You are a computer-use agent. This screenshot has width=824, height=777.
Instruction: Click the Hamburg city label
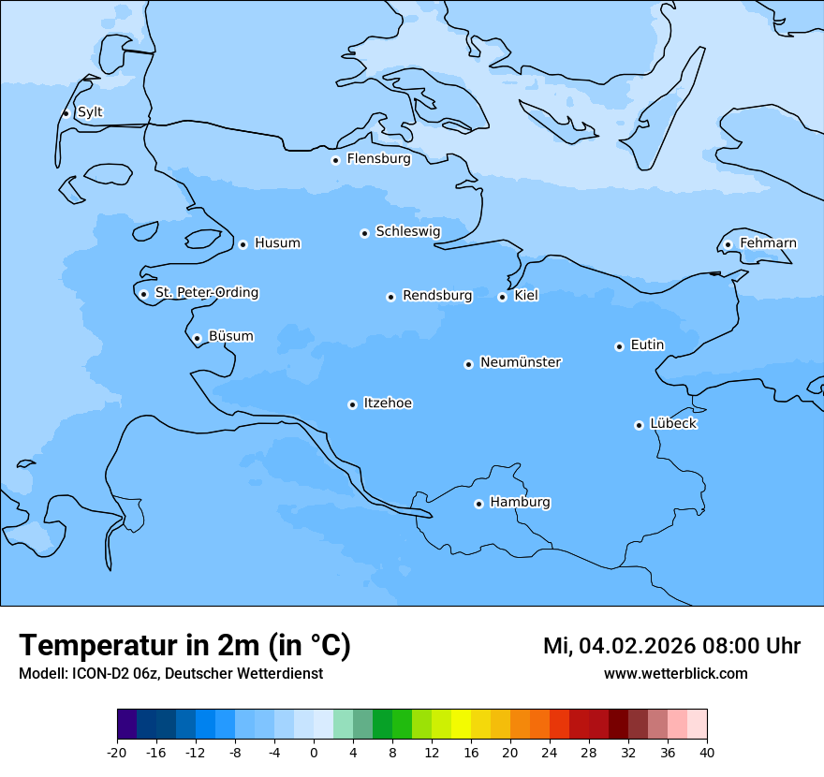[x=520, y=503]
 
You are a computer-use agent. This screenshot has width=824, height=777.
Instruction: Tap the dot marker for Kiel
[x=502, y=297]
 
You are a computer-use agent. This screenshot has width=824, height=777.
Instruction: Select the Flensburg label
[x=378, y=159]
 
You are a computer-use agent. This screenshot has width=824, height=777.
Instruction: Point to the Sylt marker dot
[x=66, y=113]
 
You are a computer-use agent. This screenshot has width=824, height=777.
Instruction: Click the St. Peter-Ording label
[x=206, y=293]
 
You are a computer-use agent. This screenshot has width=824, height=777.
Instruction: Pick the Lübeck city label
[x=672, y=424]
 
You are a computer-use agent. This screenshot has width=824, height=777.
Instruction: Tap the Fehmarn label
[x=768, y=243]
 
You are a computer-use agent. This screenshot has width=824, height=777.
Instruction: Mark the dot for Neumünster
[x=468, y=364]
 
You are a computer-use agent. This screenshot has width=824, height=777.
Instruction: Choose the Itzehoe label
[x=388, y=403]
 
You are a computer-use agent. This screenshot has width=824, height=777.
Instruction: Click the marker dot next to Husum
[x=243, y=244]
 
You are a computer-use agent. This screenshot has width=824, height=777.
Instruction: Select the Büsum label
[x=230, y=336]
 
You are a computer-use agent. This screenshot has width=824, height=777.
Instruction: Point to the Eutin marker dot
[x=619, y=346]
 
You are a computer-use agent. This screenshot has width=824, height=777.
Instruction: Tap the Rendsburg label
[x=437, y=296]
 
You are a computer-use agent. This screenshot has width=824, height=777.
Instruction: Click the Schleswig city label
[x=407, y=231]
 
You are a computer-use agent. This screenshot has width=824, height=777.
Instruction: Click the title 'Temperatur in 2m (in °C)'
[x=184, y=645]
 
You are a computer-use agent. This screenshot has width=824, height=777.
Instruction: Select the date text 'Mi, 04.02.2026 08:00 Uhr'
[x=671, y=646]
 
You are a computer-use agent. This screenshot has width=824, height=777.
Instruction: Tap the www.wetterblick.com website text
[x=675, y=674]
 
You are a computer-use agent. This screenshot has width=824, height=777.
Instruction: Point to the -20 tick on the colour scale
[x=117, y=753]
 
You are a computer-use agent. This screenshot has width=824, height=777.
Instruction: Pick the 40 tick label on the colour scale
[x=706, y=753]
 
